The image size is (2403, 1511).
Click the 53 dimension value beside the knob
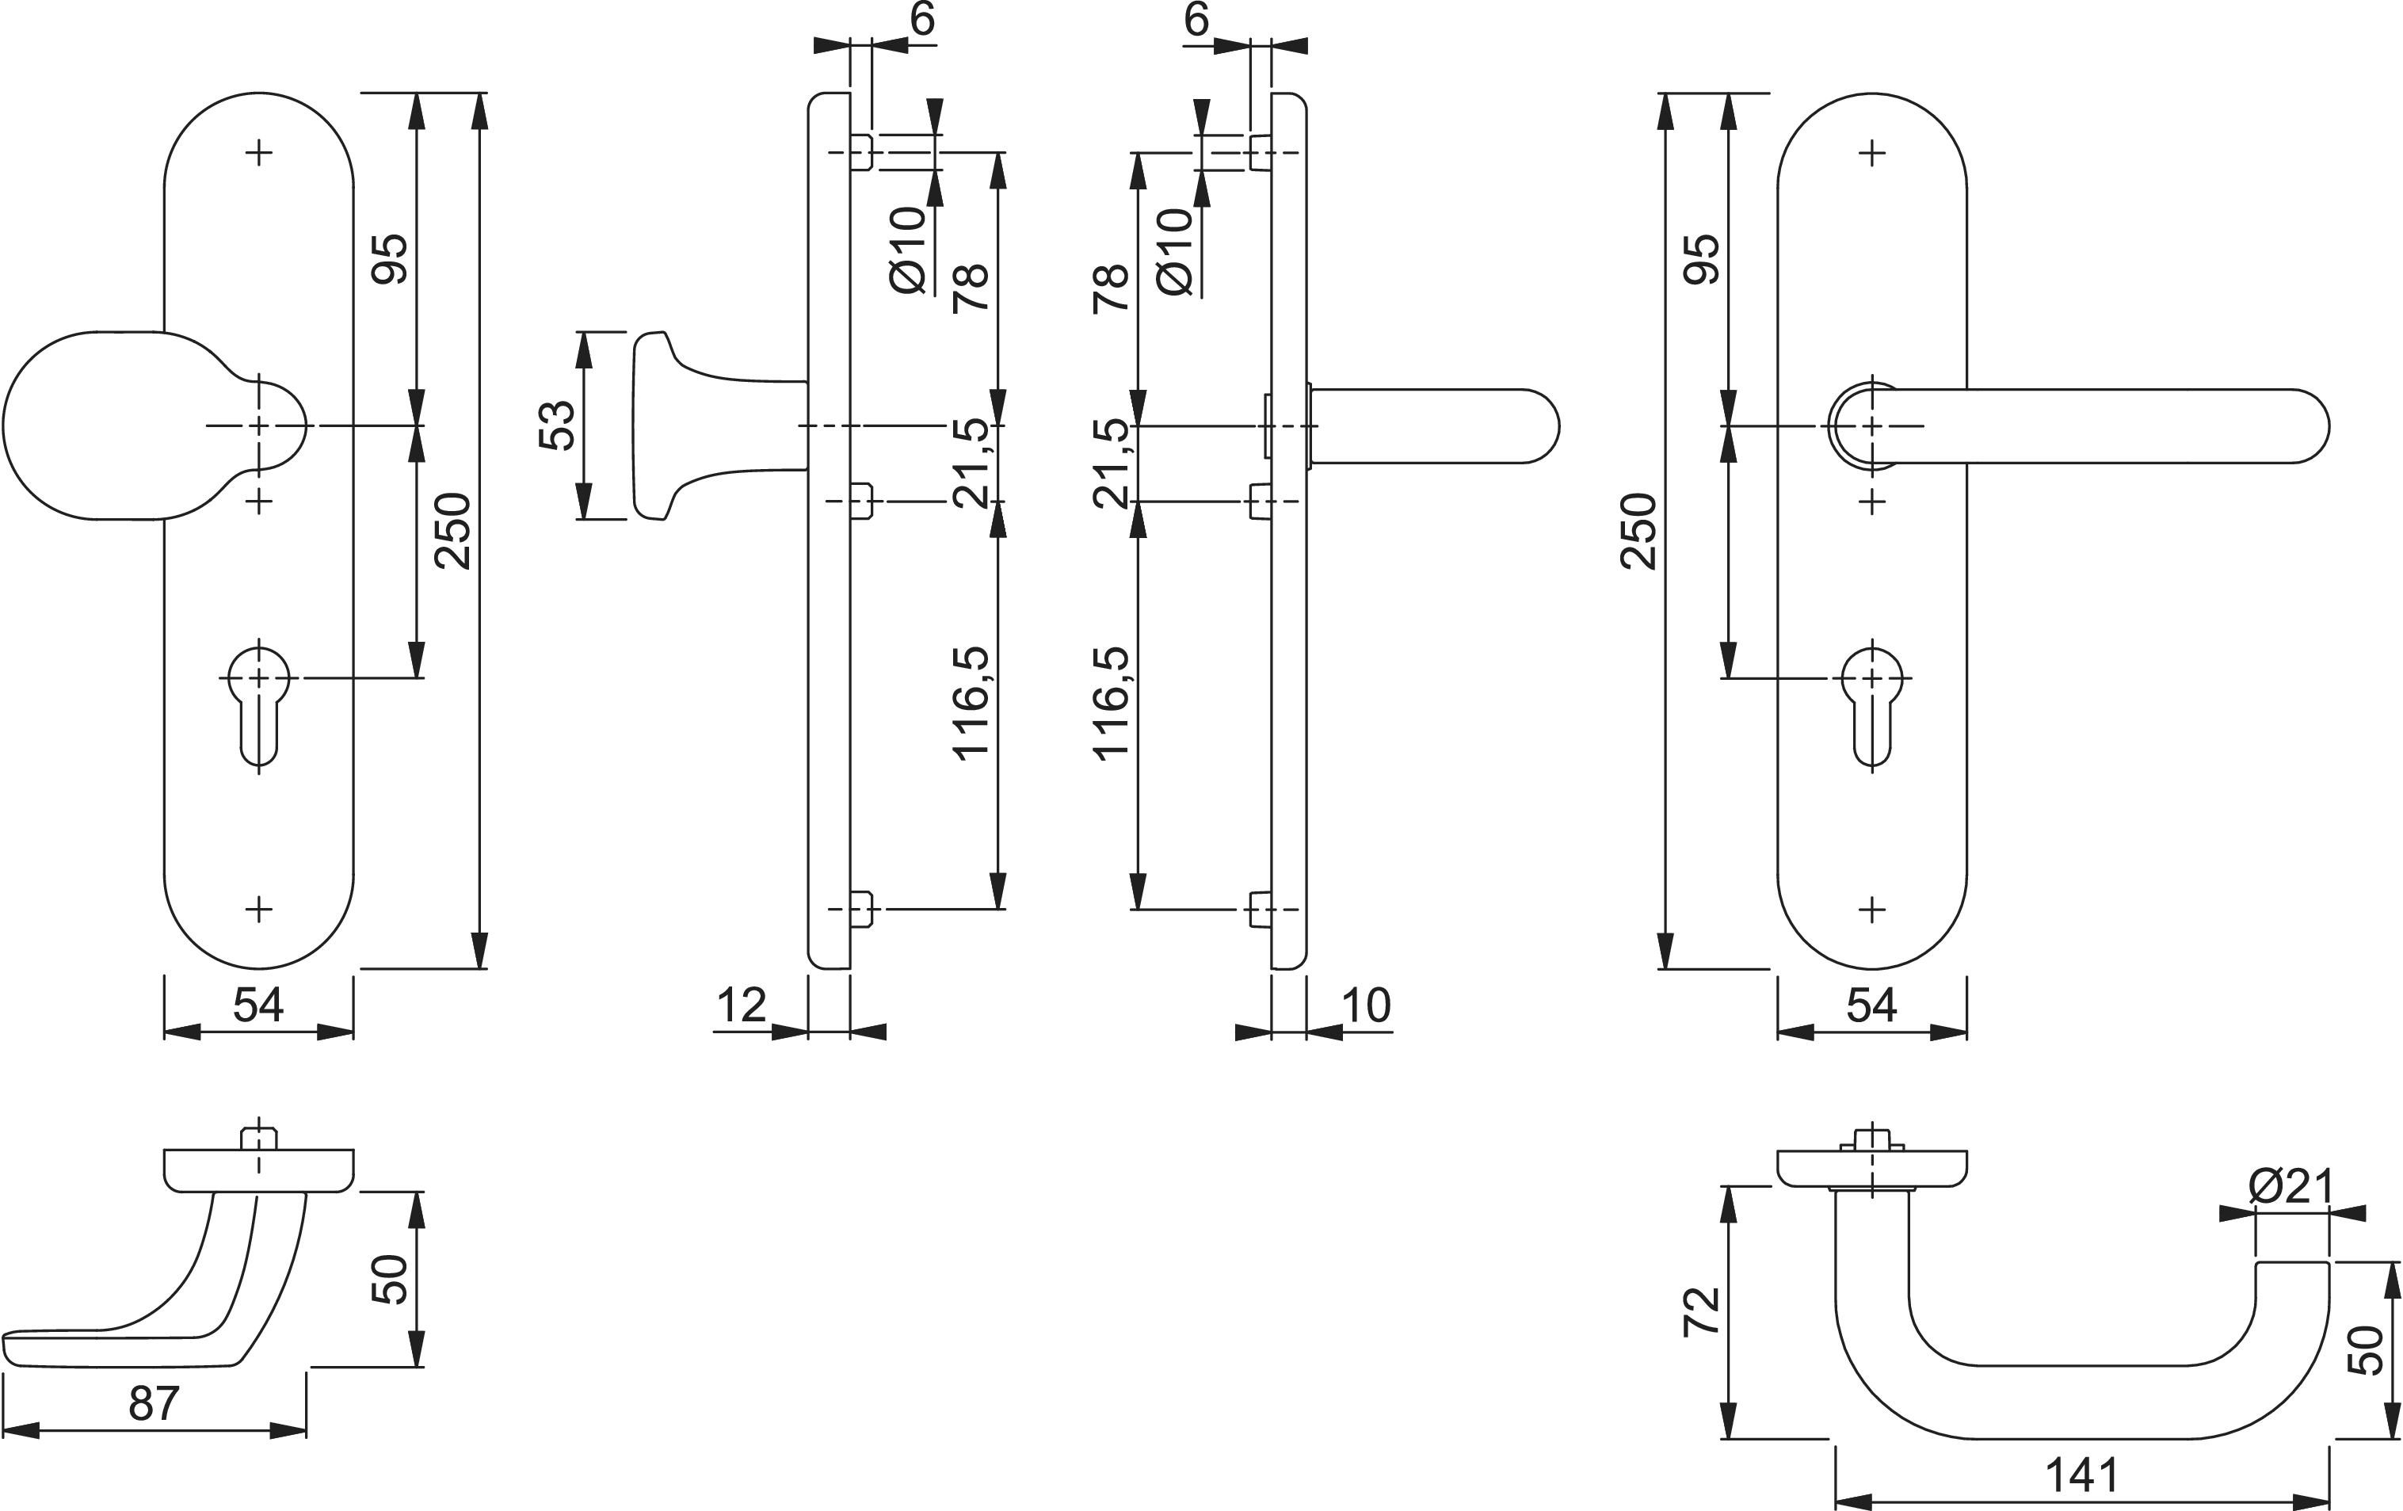(558, 425)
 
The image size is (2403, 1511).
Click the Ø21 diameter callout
(2291, 1187)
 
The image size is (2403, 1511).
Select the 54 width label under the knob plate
(258, 1005)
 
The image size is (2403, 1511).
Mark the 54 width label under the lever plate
(1871, 1005)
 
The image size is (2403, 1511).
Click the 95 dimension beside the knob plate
(390, 259)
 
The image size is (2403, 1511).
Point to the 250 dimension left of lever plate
(1639, 531)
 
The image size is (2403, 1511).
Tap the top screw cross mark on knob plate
(258, 153)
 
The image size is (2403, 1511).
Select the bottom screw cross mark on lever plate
(1872, 909)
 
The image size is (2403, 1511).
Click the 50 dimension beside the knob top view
(390, 1280)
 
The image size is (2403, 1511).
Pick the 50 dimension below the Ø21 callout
(2364, 1350)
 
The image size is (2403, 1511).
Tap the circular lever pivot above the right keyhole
(1864, 426)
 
